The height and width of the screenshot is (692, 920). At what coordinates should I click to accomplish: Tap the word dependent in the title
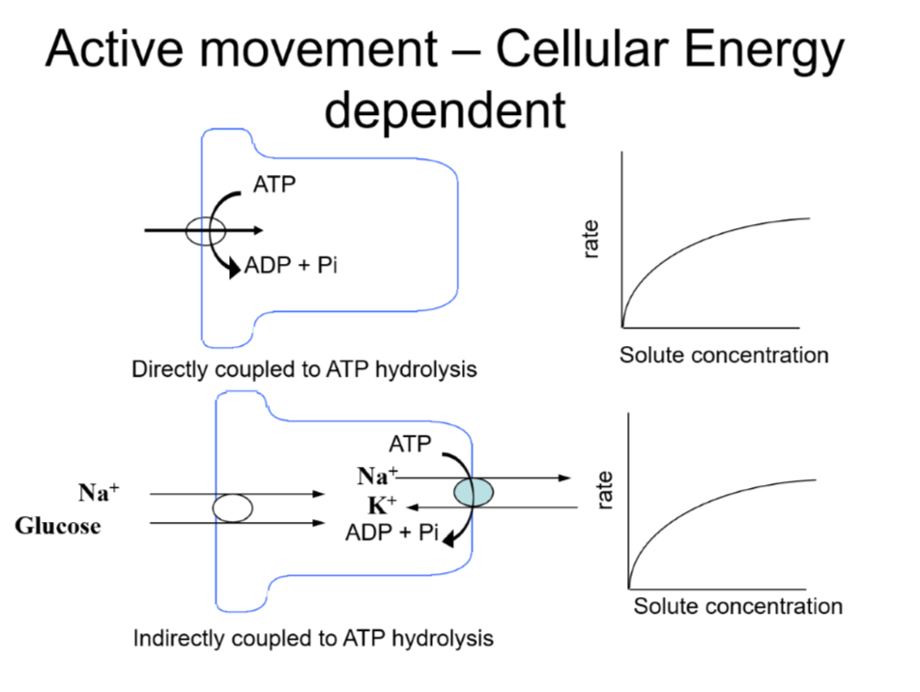coord(445,110)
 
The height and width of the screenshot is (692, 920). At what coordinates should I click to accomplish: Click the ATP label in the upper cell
coord(274,185)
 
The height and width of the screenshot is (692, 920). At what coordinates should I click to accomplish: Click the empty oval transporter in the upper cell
coord(206,231)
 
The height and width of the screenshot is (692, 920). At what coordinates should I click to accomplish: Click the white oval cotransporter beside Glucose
coord(233,507)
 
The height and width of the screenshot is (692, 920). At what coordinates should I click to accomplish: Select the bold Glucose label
coord(58,527)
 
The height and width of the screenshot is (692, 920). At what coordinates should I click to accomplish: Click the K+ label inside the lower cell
coord(382,505)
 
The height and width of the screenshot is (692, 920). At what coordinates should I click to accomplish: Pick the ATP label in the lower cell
coord(410,445)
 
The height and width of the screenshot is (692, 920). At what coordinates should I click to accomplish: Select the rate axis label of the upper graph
coord(592,239)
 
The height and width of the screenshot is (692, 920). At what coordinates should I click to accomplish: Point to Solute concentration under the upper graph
coord(724,355)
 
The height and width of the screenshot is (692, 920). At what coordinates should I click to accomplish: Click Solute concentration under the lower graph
coord(738,607)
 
